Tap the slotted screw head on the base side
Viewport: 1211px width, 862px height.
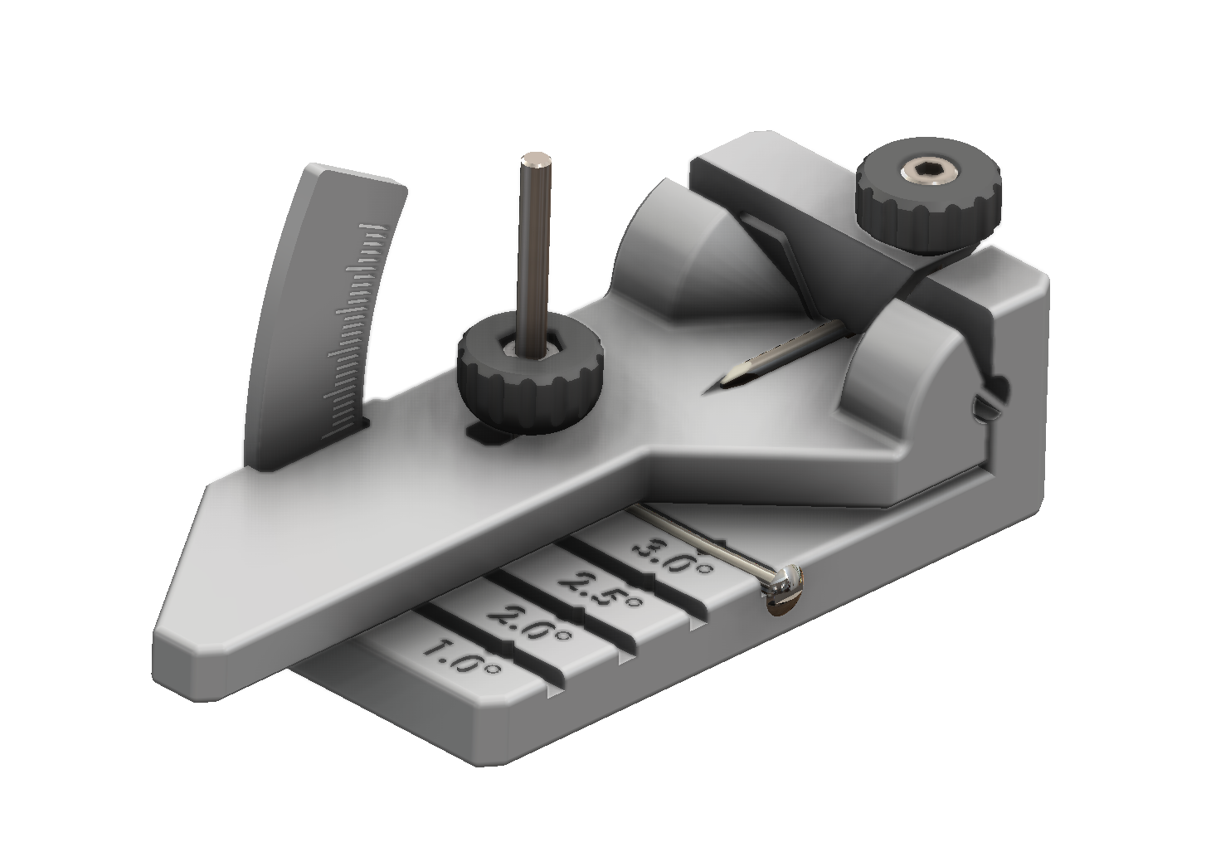[x=784, y=591]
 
